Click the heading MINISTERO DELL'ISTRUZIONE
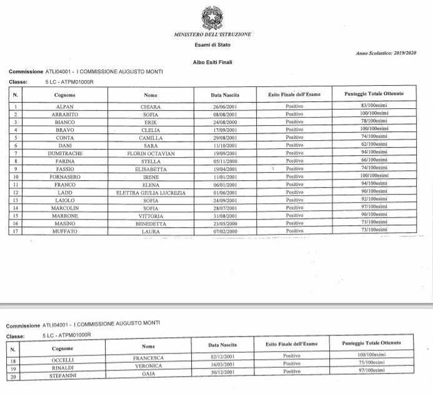coord(212,34)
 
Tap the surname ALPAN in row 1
coord(57,107)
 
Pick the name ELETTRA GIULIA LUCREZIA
coord(151,193)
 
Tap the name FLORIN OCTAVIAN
coord(151,152)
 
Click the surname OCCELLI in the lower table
coord(62,360)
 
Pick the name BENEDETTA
coord(151,223)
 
